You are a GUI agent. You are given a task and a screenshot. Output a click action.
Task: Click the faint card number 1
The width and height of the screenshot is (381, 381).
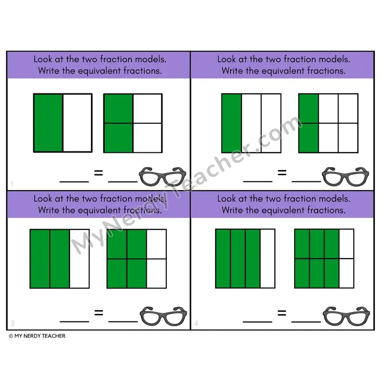coord(12,184)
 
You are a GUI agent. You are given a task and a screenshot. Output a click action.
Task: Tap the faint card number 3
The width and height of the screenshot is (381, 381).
coord(12,323)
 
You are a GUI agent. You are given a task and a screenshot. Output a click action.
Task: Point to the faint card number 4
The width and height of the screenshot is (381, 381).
coord(196,323)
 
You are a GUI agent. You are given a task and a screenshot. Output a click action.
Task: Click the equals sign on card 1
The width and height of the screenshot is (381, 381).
coord(99,173)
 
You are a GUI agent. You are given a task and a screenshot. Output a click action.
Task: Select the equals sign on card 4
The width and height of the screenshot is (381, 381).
coord(282,313)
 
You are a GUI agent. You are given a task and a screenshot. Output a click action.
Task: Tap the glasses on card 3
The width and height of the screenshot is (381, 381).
coord(163,316)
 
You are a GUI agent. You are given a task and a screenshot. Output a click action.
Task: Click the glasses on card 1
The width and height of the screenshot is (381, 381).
coord(162,177)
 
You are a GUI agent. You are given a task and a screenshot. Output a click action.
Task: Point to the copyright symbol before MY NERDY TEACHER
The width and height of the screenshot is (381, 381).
coord(11,336)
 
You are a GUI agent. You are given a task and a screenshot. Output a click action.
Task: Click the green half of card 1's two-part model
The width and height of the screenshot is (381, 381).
coord(49,123)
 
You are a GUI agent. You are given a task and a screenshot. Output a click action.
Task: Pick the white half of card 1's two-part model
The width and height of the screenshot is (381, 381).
coord(78,123)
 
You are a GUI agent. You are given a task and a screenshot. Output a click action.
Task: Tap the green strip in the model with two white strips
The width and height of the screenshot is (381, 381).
coord(231,123)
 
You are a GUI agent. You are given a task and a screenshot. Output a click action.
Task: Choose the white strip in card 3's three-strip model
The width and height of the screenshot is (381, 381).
coord(79,259)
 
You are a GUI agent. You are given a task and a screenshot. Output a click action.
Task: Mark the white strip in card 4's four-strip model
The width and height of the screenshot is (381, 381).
coord(268,259)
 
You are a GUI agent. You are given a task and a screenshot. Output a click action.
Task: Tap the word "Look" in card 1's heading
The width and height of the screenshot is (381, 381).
coord(43,59)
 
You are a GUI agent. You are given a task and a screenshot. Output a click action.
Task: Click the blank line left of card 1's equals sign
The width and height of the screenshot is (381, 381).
coord(74,181)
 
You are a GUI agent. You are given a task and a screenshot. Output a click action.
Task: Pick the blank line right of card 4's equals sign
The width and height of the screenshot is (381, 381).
coord(306,322)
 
